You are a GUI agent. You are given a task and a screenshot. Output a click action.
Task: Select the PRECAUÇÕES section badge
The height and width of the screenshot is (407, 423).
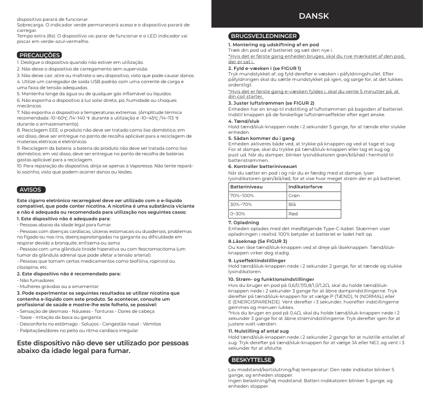tap(39, 55)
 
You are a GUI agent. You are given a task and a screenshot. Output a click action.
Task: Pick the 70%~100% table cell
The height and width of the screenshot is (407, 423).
tap(242, 196)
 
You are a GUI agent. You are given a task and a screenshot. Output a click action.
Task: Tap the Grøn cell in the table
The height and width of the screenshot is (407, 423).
tap(294, 196)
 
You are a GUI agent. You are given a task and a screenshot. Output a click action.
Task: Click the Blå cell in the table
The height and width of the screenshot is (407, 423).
tap(292, 204)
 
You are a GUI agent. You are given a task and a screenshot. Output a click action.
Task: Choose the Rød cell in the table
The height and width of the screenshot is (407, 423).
tap(294, 213)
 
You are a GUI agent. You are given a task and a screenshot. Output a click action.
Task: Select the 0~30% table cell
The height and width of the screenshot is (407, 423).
tap(238, 213)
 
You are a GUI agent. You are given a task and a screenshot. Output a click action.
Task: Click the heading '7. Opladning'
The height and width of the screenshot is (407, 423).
tap(243, 223)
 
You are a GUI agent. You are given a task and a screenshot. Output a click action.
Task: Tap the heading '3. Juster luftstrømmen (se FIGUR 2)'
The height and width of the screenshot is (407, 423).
tap(264, 103)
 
